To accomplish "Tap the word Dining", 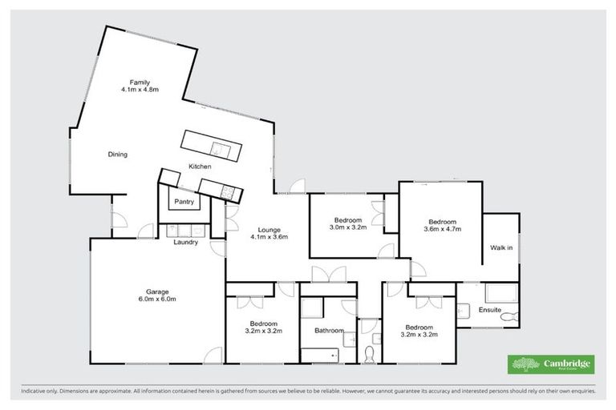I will tap(118, 155).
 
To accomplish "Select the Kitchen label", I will tap(200, 166).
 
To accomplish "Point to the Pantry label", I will tap(184, 202).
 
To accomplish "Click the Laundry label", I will tap(186, 242).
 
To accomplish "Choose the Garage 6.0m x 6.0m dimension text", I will tap(157, 299).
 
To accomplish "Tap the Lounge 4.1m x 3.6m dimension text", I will tap(269, 236).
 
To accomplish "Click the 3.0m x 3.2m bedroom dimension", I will tap(347, 227).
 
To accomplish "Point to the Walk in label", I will tap(501, 247).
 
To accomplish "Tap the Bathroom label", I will tap(329, 330).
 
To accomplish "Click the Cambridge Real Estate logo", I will tap(551, 364).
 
